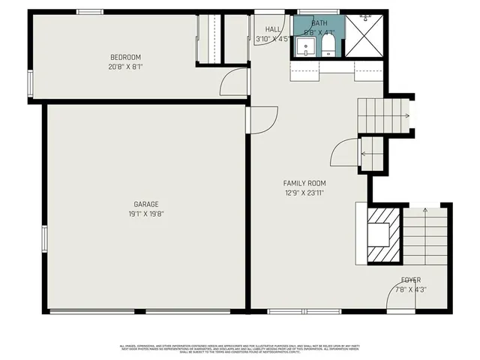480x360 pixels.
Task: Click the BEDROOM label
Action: pos(125,57)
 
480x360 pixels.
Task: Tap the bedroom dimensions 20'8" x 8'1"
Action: pos(125,65)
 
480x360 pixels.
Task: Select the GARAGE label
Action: pos(146,204)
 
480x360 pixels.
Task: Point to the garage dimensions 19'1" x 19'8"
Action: pos(146,213)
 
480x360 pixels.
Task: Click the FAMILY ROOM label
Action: pos(304,183)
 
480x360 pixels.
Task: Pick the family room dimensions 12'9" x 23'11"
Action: pos(304,192)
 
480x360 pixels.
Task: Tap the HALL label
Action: pos(263,29)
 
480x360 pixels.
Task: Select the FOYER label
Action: pos(410,280)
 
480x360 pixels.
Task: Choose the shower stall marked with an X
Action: pos(365,35)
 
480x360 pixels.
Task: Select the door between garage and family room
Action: pos(262,120)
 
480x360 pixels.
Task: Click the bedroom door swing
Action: pos(234,82)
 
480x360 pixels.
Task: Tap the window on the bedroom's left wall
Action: pos(30,82)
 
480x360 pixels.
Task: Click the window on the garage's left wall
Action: pos(44,241)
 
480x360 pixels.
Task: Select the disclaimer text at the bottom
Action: pos(240,348)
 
